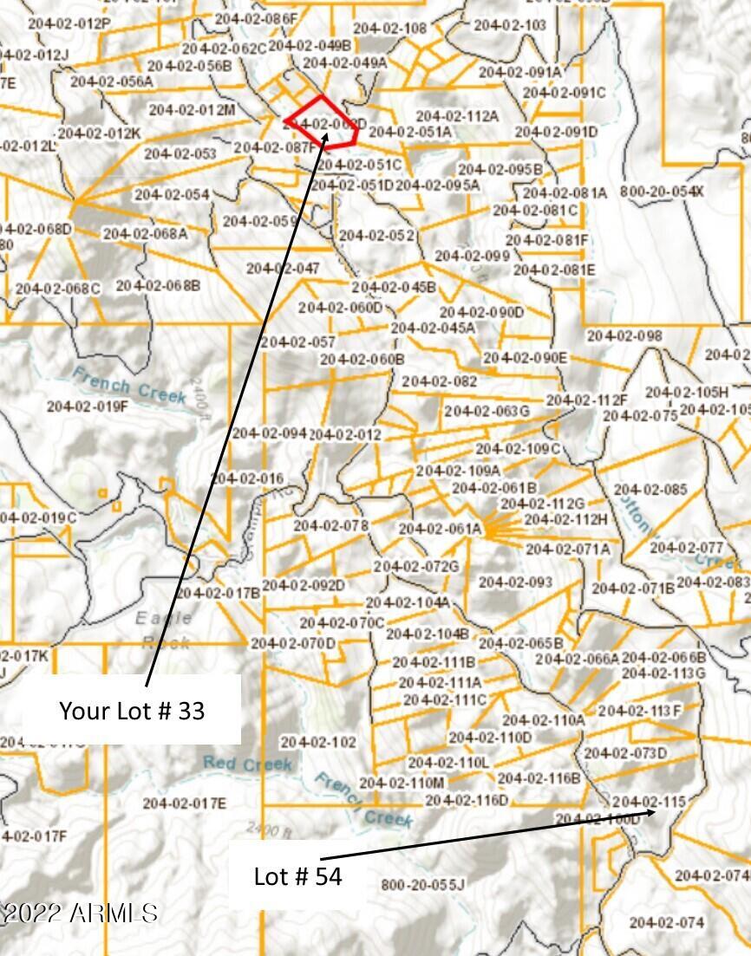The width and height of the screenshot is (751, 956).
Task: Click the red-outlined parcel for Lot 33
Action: pos(322,124)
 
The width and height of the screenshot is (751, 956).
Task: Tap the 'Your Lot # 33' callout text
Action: pos(132,711)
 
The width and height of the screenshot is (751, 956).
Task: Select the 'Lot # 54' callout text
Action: pos(297,876)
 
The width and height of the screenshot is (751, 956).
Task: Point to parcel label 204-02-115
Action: pos(649,802)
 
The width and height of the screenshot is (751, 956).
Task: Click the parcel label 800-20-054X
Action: pos(662,191)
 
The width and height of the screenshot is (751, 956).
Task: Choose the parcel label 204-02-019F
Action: pos(88,406)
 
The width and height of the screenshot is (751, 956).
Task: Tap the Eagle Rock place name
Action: pos(163,630)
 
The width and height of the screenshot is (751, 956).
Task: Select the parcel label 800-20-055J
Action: pos(423,884)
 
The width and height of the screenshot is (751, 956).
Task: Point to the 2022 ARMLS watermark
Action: pos(80,913)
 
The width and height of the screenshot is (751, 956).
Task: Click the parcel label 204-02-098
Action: pos(624,335)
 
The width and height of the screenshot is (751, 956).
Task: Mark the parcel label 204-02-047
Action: pos(283,269)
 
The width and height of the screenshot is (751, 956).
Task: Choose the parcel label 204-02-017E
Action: pos(184,803)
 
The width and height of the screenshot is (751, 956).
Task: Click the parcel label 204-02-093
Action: pos(515,582)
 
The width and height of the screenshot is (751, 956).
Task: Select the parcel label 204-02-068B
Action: pos(158,285)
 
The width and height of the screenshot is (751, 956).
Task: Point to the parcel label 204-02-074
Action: pos(667,922)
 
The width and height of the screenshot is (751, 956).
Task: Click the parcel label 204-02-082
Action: pos(440,381)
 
